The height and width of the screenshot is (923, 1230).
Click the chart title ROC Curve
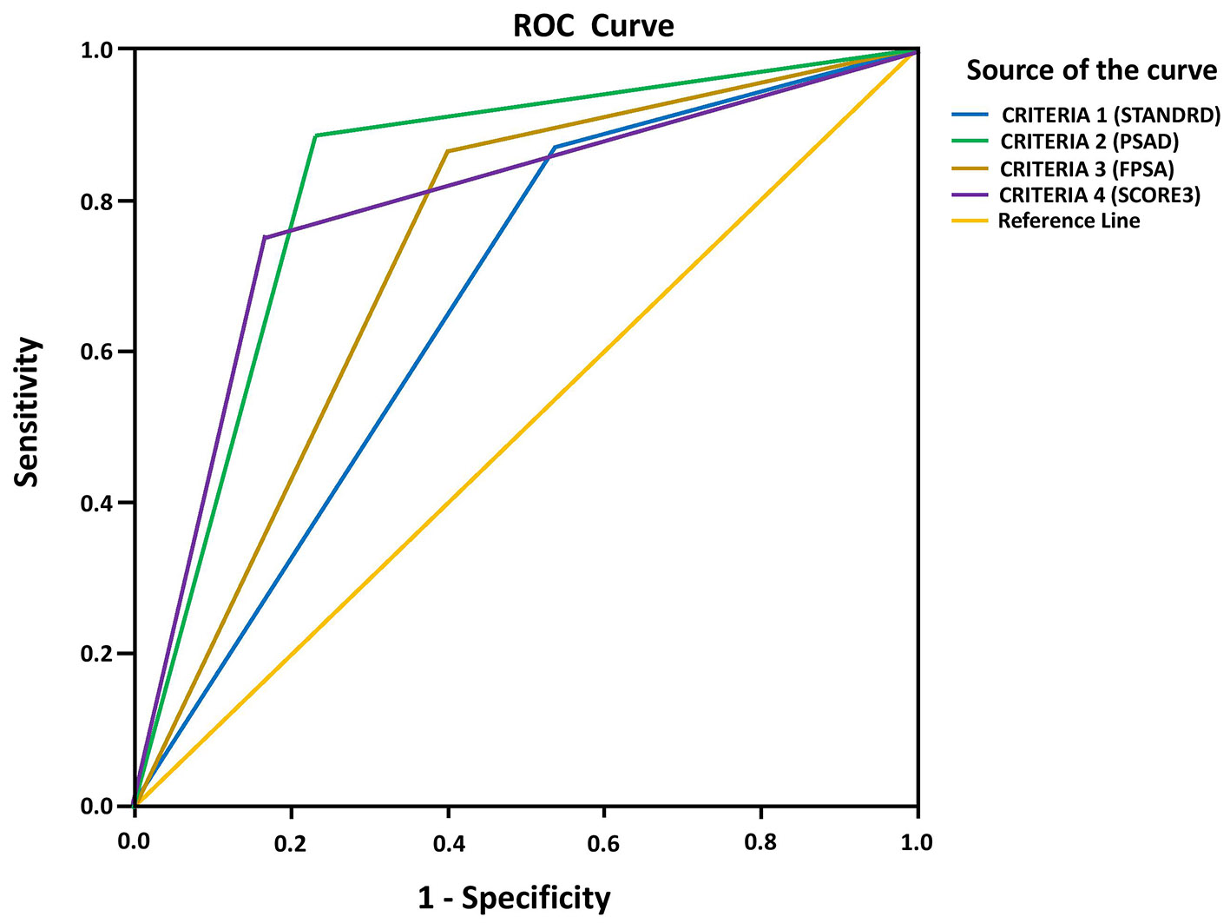tap(593, 25)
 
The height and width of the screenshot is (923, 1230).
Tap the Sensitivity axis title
tap(27, 412)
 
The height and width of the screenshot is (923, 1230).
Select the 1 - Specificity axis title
tap(514, 898)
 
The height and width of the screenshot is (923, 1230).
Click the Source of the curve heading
tap(1091, 69)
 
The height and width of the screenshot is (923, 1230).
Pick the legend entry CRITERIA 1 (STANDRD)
tap(1111, 115)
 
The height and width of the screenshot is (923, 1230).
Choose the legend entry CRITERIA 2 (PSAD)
tap(1089, 142)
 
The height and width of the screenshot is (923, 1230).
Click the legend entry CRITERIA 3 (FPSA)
tap(1087, 168)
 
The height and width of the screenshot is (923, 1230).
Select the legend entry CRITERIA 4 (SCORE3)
tap(1100, 195)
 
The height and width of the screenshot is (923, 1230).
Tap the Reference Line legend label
tap(1069, 221)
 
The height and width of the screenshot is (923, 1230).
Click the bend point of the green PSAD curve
tap(315, 135)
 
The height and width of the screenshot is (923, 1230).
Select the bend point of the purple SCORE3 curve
tap(264, 237)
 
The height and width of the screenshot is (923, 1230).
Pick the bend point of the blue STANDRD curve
tap(554, 148)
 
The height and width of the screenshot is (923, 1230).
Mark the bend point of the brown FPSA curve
tap(447, 151)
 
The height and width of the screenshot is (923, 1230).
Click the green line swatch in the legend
tap(970, 141)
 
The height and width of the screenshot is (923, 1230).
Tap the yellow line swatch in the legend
tap(970, 221)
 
